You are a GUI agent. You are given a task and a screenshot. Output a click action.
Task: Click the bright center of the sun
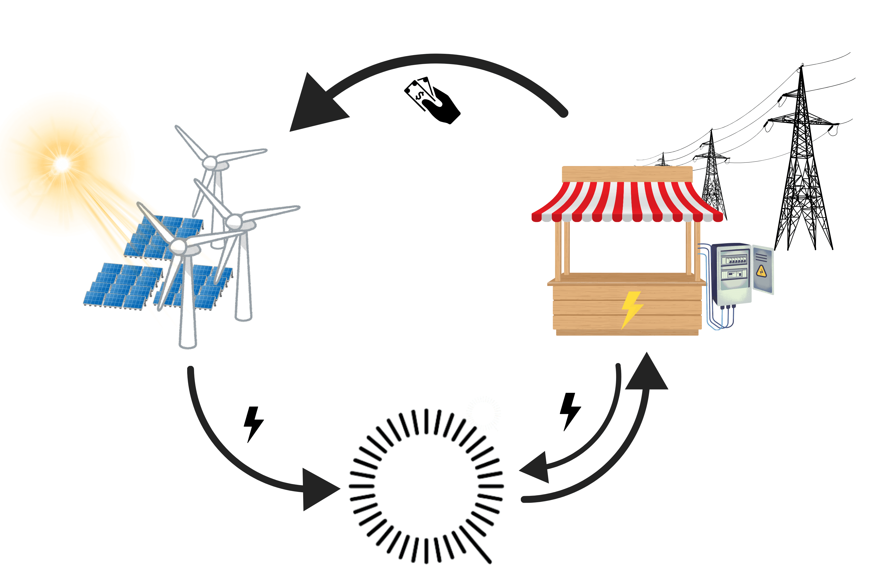(x=62, y=163)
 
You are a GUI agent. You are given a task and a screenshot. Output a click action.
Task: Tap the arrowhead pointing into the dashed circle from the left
(x=317, y=489)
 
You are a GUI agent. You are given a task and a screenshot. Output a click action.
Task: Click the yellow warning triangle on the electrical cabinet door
(x=761, y=271)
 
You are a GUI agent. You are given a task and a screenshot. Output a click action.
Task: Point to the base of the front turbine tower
(x=188, y=343)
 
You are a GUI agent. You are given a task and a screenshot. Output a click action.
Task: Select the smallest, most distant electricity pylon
(x=663, y=160)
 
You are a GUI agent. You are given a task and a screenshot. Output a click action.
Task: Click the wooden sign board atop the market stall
(x=627, y=174)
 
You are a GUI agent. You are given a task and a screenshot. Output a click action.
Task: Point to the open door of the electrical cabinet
(x=763, y=269)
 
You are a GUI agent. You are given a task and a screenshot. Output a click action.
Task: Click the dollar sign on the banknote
(x=420, y=96)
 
